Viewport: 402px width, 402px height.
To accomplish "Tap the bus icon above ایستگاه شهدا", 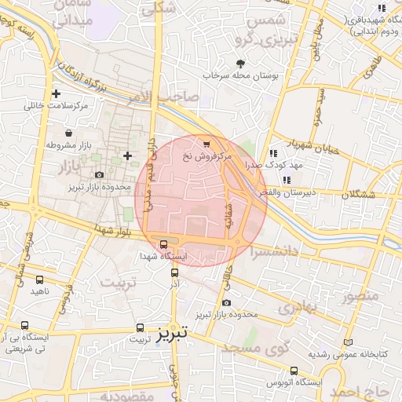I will click(x=163, y=244).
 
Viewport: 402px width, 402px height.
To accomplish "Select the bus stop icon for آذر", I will click(x=174, y=273).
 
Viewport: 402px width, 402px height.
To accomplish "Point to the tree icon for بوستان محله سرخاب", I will click(x=240, y=64).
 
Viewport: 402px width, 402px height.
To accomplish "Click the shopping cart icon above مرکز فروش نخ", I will click(x=206, y=144).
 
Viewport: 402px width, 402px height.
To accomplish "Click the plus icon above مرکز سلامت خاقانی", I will click(x=55, y=94).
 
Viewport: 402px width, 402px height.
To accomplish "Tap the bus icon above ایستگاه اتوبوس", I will click(x=294, y=371).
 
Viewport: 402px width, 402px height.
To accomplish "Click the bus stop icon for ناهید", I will click(x=40, y=279).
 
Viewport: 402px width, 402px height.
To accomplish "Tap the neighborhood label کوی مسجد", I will click(x=256, y=346).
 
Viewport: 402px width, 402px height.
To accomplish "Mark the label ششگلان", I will click(x=359, y=193).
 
